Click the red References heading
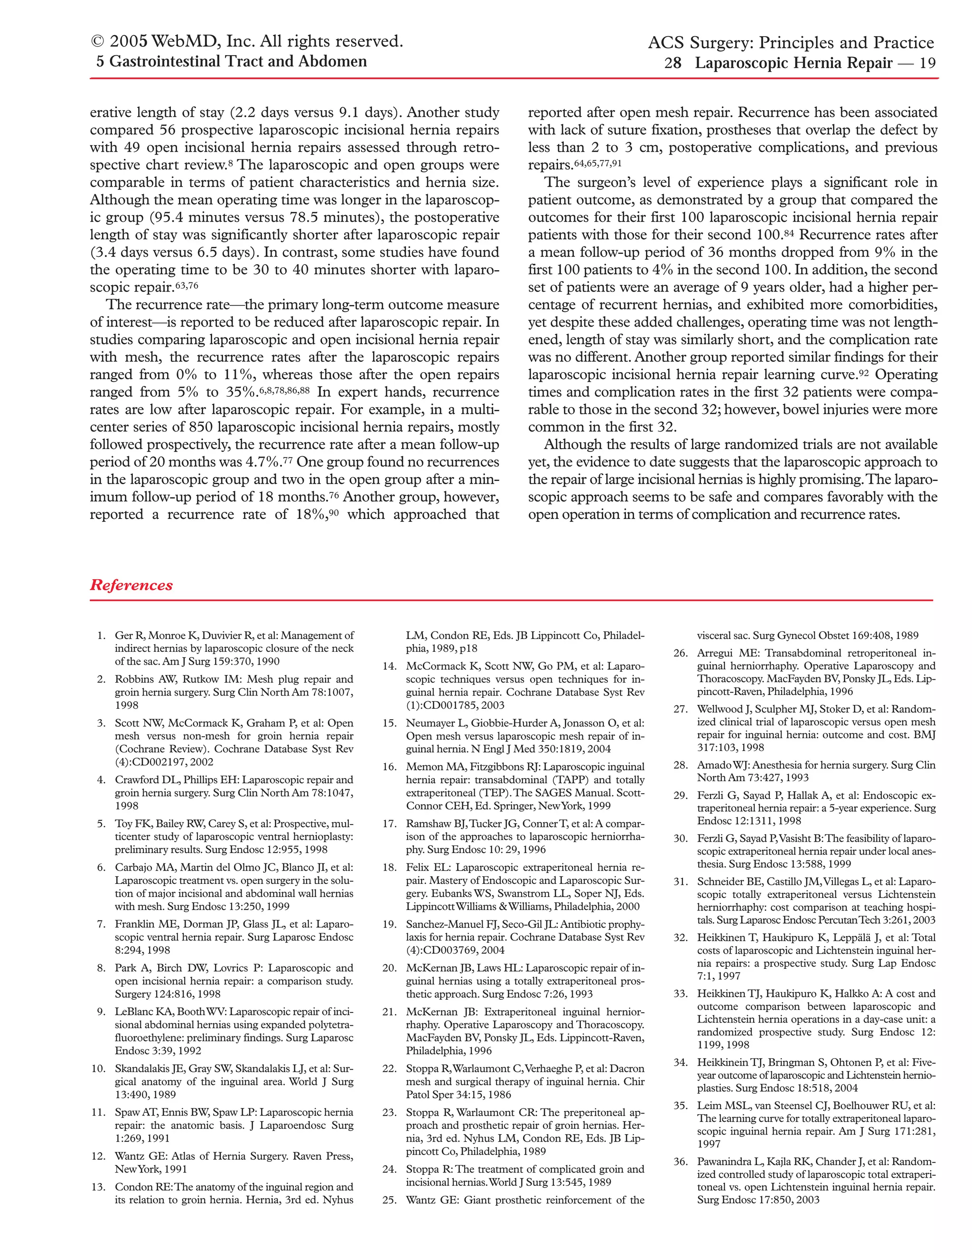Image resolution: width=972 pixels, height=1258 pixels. (131, 585)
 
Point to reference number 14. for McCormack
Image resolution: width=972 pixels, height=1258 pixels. (389, 667)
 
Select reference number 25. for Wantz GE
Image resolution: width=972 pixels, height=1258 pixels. (389, 1201)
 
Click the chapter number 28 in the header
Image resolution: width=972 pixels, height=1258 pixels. (673, 63)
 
